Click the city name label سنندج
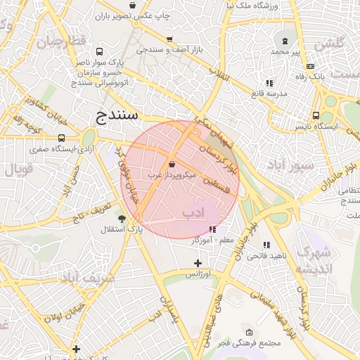tap(117, 115)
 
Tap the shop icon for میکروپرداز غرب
tap(172, 163)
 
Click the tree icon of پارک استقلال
tap(122, 219)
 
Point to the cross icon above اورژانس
tap(198, 263)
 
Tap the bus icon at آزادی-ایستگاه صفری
tap(62, 139)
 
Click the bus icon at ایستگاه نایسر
tap(316, 116)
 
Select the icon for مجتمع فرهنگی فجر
tap(249, 332)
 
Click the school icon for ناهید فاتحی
tap(266, 245)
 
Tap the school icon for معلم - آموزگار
tap(212, 229)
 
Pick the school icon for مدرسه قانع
tap(269, 83)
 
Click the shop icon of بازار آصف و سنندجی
tap(169, 39)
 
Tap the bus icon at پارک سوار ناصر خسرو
tap(99, 52)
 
